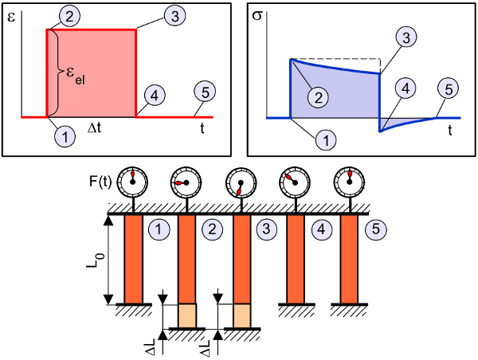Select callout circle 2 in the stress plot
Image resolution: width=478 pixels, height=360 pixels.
318,98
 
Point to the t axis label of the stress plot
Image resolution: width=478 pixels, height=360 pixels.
451,128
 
